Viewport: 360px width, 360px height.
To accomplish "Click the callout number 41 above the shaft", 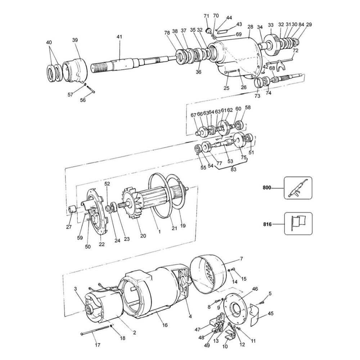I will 120,37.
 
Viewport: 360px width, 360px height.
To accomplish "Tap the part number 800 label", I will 267,188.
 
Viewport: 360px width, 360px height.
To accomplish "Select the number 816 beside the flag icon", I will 267,224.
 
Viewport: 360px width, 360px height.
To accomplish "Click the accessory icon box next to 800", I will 298,188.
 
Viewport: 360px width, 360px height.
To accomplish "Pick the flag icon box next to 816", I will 298,224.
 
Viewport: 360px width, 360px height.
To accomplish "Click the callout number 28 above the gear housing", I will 251,27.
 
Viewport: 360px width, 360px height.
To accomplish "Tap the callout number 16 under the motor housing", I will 165,325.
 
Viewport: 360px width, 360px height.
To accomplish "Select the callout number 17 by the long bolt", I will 97,345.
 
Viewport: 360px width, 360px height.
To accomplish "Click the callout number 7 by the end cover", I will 242,259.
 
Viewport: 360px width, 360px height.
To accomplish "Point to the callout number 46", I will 255,289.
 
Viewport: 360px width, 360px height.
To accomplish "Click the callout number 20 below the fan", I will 143,236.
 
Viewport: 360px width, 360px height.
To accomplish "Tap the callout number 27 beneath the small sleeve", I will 69,227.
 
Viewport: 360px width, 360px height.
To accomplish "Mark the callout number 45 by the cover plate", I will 271,313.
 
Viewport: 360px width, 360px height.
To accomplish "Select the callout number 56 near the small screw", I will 83,100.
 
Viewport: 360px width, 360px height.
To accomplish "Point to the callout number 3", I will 76,289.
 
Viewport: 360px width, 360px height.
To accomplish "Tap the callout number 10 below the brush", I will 225,347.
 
